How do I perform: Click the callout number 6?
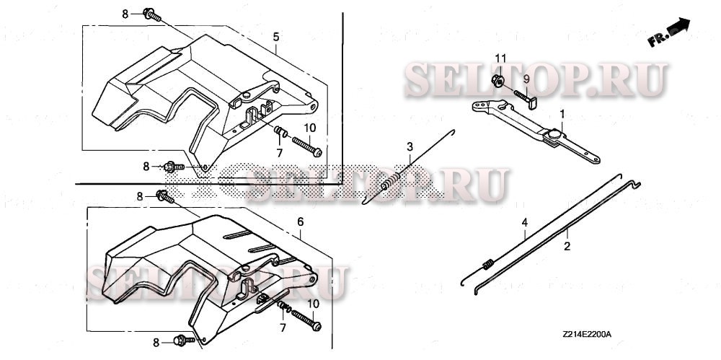(299, 223)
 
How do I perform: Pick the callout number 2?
(567, 246)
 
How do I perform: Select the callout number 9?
(526, 78)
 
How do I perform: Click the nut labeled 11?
(500, 80)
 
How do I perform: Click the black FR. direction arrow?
(677, 29)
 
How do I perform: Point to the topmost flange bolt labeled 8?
(151, 13)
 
